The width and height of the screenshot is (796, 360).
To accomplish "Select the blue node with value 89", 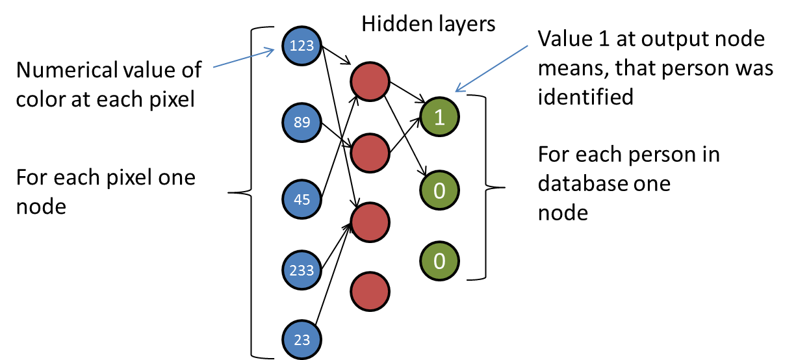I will click(302, 122).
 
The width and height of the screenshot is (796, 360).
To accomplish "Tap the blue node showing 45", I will click(302, 199).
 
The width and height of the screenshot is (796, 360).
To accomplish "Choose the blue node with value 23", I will click(302, 339).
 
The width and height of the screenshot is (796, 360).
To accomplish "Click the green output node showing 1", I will click(439, 117).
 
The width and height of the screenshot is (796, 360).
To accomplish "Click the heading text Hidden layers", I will click(428, 25).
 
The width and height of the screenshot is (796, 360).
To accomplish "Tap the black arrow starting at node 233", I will click(333, 246).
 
